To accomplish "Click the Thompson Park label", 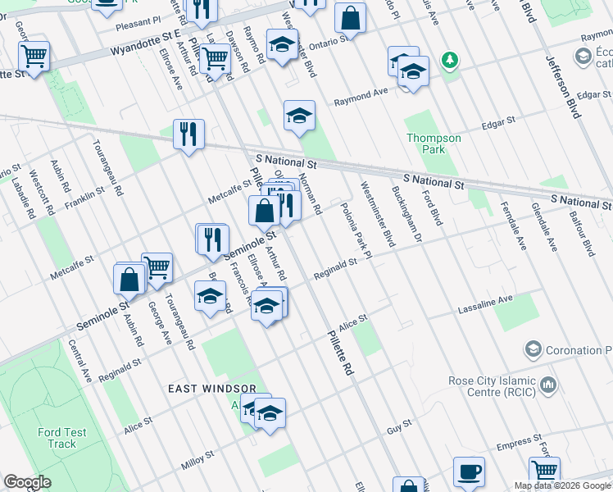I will pyautogui.click(x=434, y=143).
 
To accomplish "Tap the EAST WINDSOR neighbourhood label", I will pyautogui.click(x=212, y=388).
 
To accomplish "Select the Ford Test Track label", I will pyautogui.click(x=57, y=438).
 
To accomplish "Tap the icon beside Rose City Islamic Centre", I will pyautogui.click(x=548, y=383).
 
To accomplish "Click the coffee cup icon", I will pyautogui.click(x=469, y=472).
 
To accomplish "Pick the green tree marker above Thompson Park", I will pyautogui.click(x=449, y=60).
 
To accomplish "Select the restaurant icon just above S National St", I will pyautogui.click(x=188, y=132).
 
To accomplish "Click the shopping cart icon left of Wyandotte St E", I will pyautogui.click(x=34, y=56).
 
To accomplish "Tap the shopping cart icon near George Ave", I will pyautogui.click(x=157, y=266).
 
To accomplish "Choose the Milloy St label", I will pyautogui.click(x=198, y=459).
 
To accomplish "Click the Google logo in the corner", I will pyautogui.click(x=27, y=482).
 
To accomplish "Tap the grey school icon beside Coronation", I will pyautogui.click(x=534, y=350).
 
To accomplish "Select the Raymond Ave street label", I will pyautogui.click(x=361, y=97).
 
